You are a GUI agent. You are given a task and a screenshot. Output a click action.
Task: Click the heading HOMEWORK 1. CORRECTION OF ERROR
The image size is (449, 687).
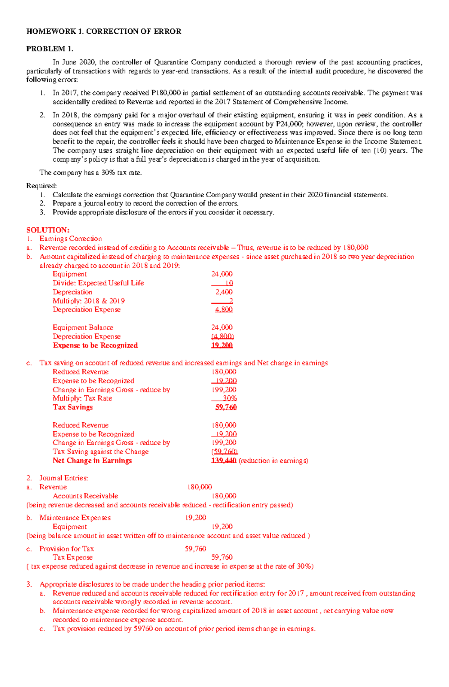(x=104, y=31)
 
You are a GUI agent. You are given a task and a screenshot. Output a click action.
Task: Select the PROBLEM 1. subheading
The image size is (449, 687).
(x=50, y=49)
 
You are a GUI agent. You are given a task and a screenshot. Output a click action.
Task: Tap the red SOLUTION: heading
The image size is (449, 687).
(x=48, y=230)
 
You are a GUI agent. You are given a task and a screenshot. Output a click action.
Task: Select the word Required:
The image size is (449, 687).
(x=42, y=186)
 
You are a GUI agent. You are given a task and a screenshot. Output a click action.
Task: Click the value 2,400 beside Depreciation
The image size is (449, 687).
(x=224, y=292)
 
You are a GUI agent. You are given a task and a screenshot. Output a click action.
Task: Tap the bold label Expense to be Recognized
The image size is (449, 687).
(x=95, y=345)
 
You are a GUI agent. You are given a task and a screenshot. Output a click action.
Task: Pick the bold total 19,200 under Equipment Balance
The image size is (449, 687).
(x=222, y=345)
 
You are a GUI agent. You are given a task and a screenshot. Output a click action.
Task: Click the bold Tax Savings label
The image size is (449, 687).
(x=73, y=407)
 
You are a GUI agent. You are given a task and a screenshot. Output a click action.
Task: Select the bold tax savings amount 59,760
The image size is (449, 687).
(x=226, y=407)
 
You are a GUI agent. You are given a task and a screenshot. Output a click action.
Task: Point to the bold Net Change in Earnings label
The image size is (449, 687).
(x=92, y=460)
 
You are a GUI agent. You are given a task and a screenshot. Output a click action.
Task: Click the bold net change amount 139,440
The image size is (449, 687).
(x=223, y=460)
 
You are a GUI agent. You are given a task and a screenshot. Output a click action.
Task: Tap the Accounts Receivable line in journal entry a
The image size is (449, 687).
(x=85, y=496)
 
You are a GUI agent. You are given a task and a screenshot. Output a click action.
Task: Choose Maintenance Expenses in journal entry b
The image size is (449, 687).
(x=75, y=517)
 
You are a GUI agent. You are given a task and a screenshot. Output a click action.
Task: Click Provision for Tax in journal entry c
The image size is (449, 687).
(x=67, y=548)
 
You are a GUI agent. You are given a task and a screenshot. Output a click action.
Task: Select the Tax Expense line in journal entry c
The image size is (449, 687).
(x=73, y=557)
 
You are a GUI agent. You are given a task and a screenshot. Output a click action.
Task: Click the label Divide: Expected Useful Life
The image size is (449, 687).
(x=98, y=283)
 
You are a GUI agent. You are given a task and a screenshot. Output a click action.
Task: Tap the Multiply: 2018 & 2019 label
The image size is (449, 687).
(x=89, y=301)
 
